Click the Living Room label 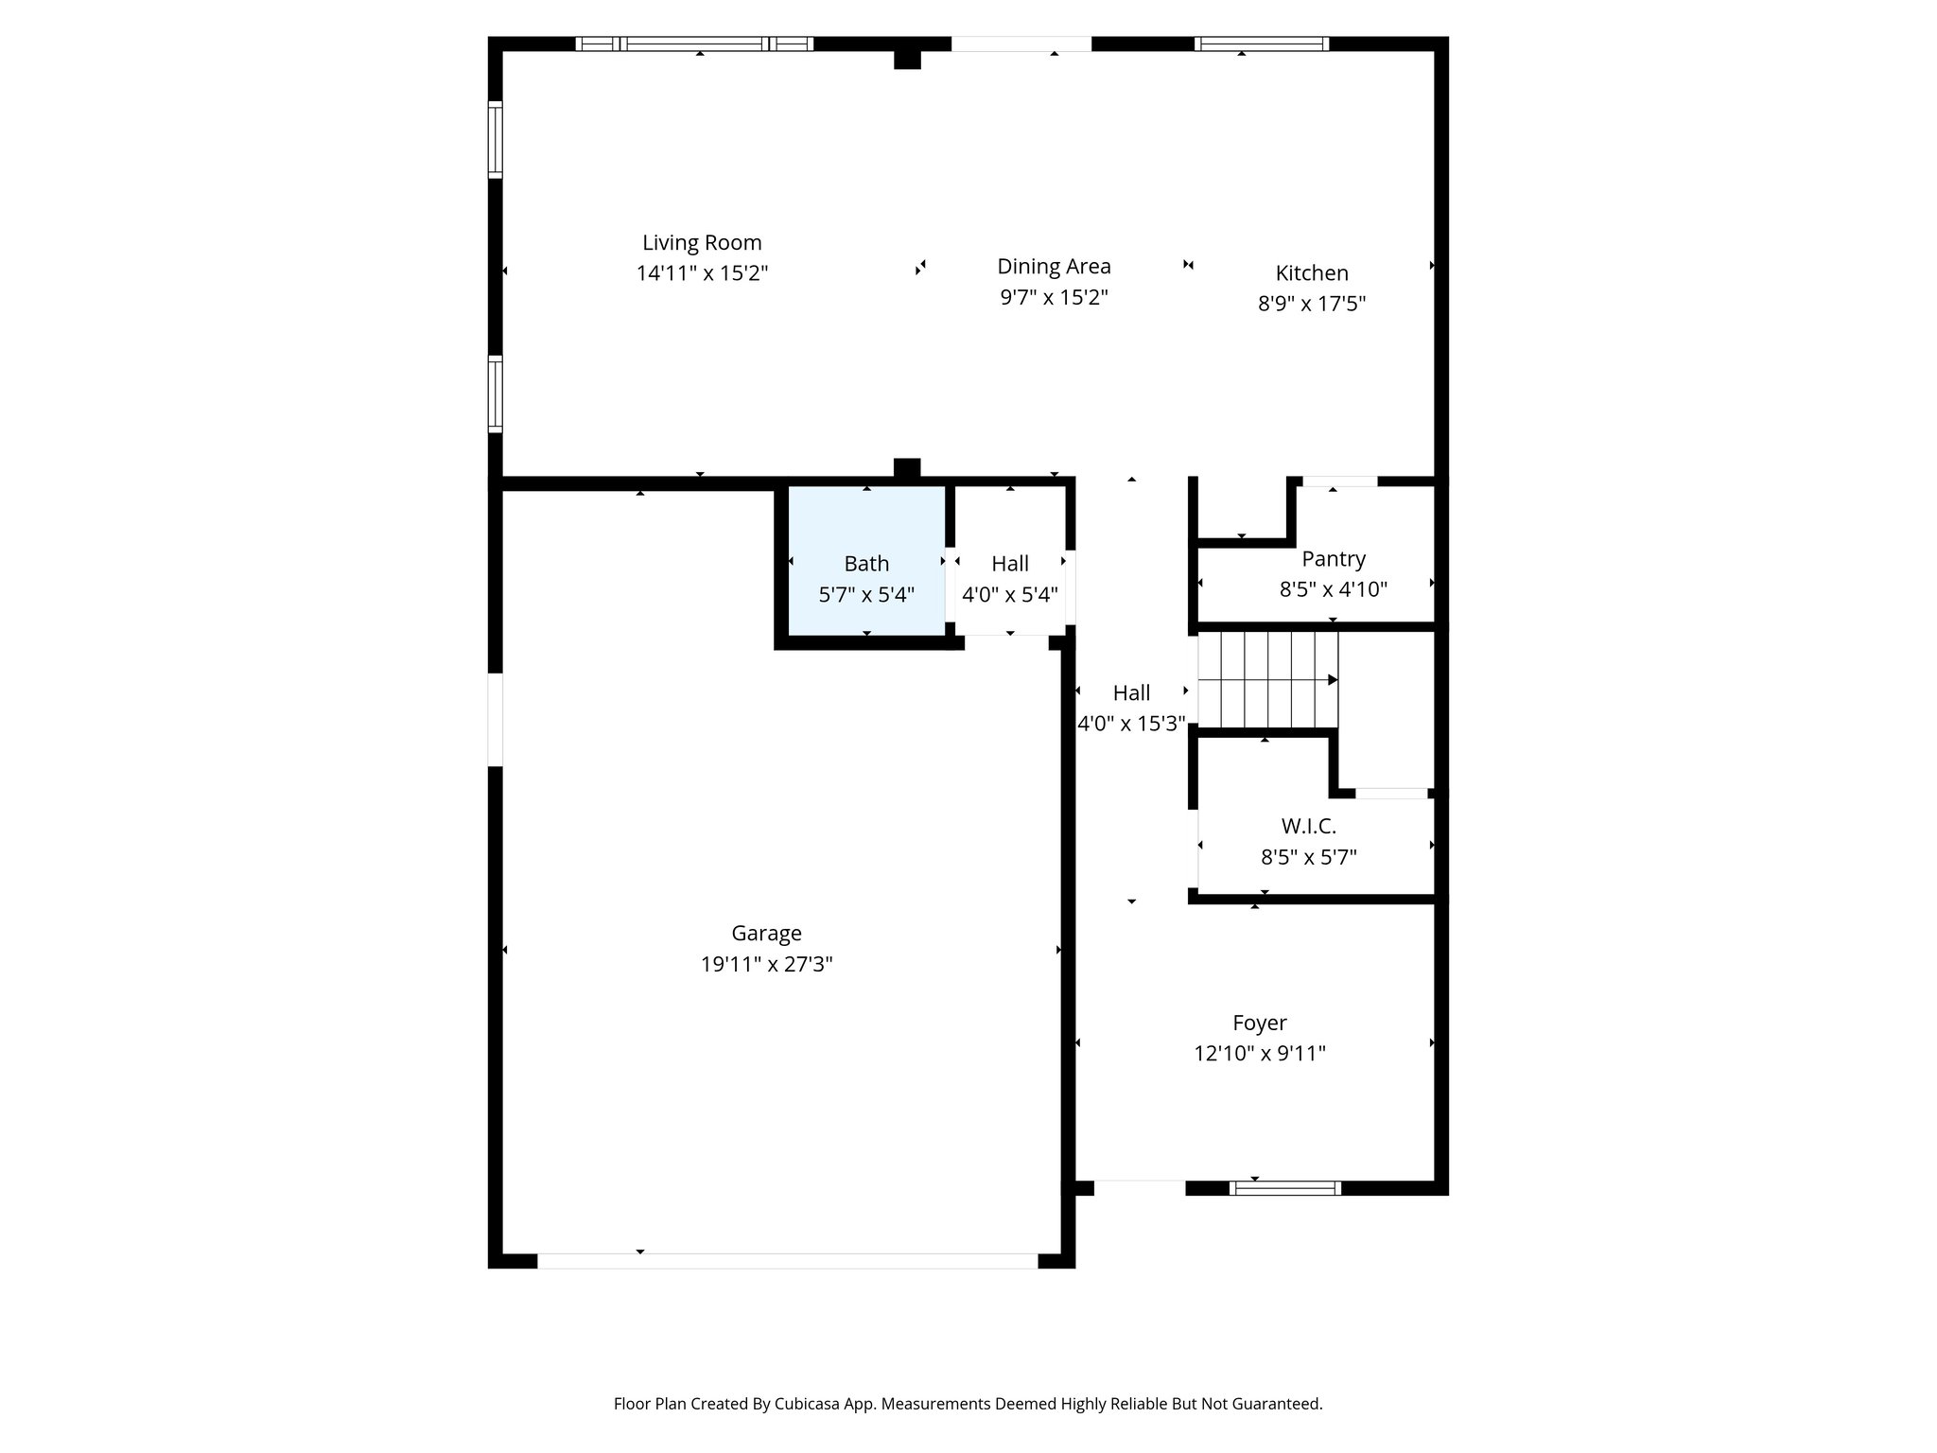tap(702, 243)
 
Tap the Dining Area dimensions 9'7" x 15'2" tap(1054, 298)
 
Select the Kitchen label tap(1311, 273)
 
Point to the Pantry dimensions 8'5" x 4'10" tap(1333, 589)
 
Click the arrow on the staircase tap(1332, 679)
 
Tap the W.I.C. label tap(1309, 826)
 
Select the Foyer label tap(1259, 1023)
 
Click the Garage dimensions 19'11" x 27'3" tap(766, 964)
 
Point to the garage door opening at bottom tap(787, 1260)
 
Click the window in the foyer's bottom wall tap(1284, 1188)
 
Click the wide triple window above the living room tap(694, 44)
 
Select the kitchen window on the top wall tap(1261, 44)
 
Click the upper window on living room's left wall tap(495, 139)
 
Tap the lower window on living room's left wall tap(495, 394)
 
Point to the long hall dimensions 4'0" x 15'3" tap(1131, 724)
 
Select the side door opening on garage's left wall tap(495, 719)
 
